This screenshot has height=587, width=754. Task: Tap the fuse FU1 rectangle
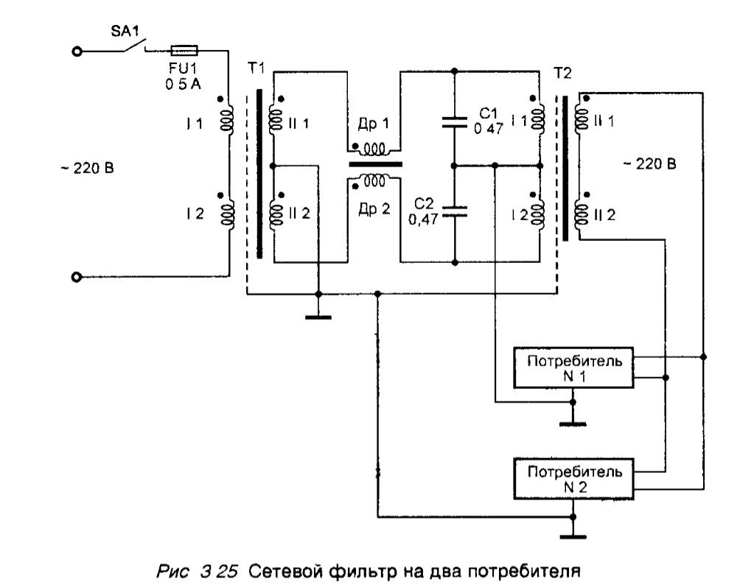[x=184, y=51]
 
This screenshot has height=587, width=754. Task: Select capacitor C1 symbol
[x=455, y=122]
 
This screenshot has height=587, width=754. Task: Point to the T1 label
[x=256, y=67]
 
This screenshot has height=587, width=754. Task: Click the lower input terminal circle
[x=77, y=277]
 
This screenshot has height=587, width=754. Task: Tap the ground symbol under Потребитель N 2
[x=572, y=535]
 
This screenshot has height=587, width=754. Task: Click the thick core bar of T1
[x=259, y=174]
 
